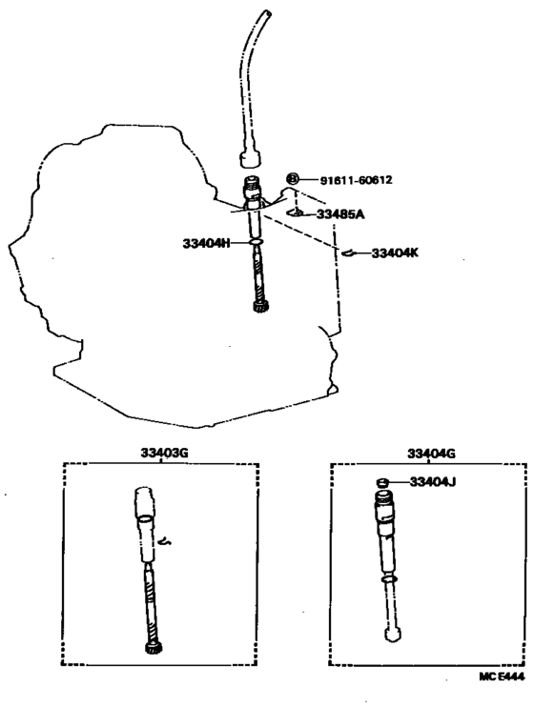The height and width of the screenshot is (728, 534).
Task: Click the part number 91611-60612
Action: point(356,180)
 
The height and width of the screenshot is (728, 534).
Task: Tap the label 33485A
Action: point(340,214)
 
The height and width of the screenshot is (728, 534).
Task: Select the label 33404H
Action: point(206,243)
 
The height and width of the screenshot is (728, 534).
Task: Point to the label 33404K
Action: point(395,253)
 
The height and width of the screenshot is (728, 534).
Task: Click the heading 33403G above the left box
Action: point(164,453)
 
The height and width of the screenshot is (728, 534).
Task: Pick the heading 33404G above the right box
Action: point(431,454)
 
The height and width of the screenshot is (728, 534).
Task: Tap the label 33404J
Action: point(432,482)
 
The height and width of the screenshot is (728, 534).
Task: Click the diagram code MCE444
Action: point(502,677)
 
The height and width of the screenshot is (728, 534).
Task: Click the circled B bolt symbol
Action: point(293,179)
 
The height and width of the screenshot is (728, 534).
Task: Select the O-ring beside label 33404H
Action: point(257,242)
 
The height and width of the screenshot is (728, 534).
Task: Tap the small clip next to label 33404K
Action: point(348,253)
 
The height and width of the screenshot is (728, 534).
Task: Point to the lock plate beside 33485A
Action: point(295,212)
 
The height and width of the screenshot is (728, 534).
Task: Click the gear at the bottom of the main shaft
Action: point(259,307)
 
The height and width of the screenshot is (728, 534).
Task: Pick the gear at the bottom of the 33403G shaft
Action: point(153,649)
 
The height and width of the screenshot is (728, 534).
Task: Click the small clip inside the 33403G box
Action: point(165,541)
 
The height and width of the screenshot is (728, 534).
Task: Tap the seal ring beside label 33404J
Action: point(382,482)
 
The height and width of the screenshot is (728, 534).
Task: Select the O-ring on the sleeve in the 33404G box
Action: point(388,580)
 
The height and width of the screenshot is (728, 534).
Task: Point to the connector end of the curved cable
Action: point(250,158)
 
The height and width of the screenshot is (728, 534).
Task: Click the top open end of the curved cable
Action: point(267,12)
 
